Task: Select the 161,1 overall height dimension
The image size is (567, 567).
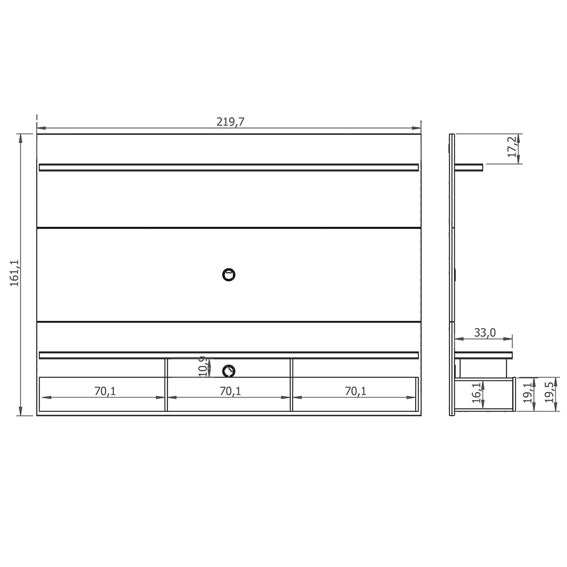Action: coord(15,273)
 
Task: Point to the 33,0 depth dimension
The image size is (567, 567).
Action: coord(484,333)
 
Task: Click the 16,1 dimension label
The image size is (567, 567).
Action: coord(476,393)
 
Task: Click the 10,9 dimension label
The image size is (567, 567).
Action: coord(202,366)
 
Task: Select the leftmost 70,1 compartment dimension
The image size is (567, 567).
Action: coord(105,391)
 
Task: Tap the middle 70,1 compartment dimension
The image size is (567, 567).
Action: coord(230,391)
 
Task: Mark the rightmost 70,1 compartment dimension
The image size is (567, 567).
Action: coord(355,391)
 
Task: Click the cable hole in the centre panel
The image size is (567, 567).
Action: coord(229,274)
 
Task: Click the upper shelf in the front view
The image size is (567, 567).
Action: coord(229,167)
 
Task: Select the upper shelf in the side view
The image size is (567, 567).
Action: coord(469,167)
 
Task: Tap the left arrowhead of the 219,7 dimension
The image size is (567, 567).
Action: coord(40,128)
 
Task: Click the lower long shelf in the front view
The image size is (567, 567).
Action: coord(229,355)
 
